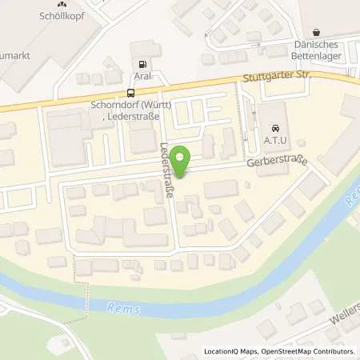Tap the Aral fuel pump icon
click(142, 65)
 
